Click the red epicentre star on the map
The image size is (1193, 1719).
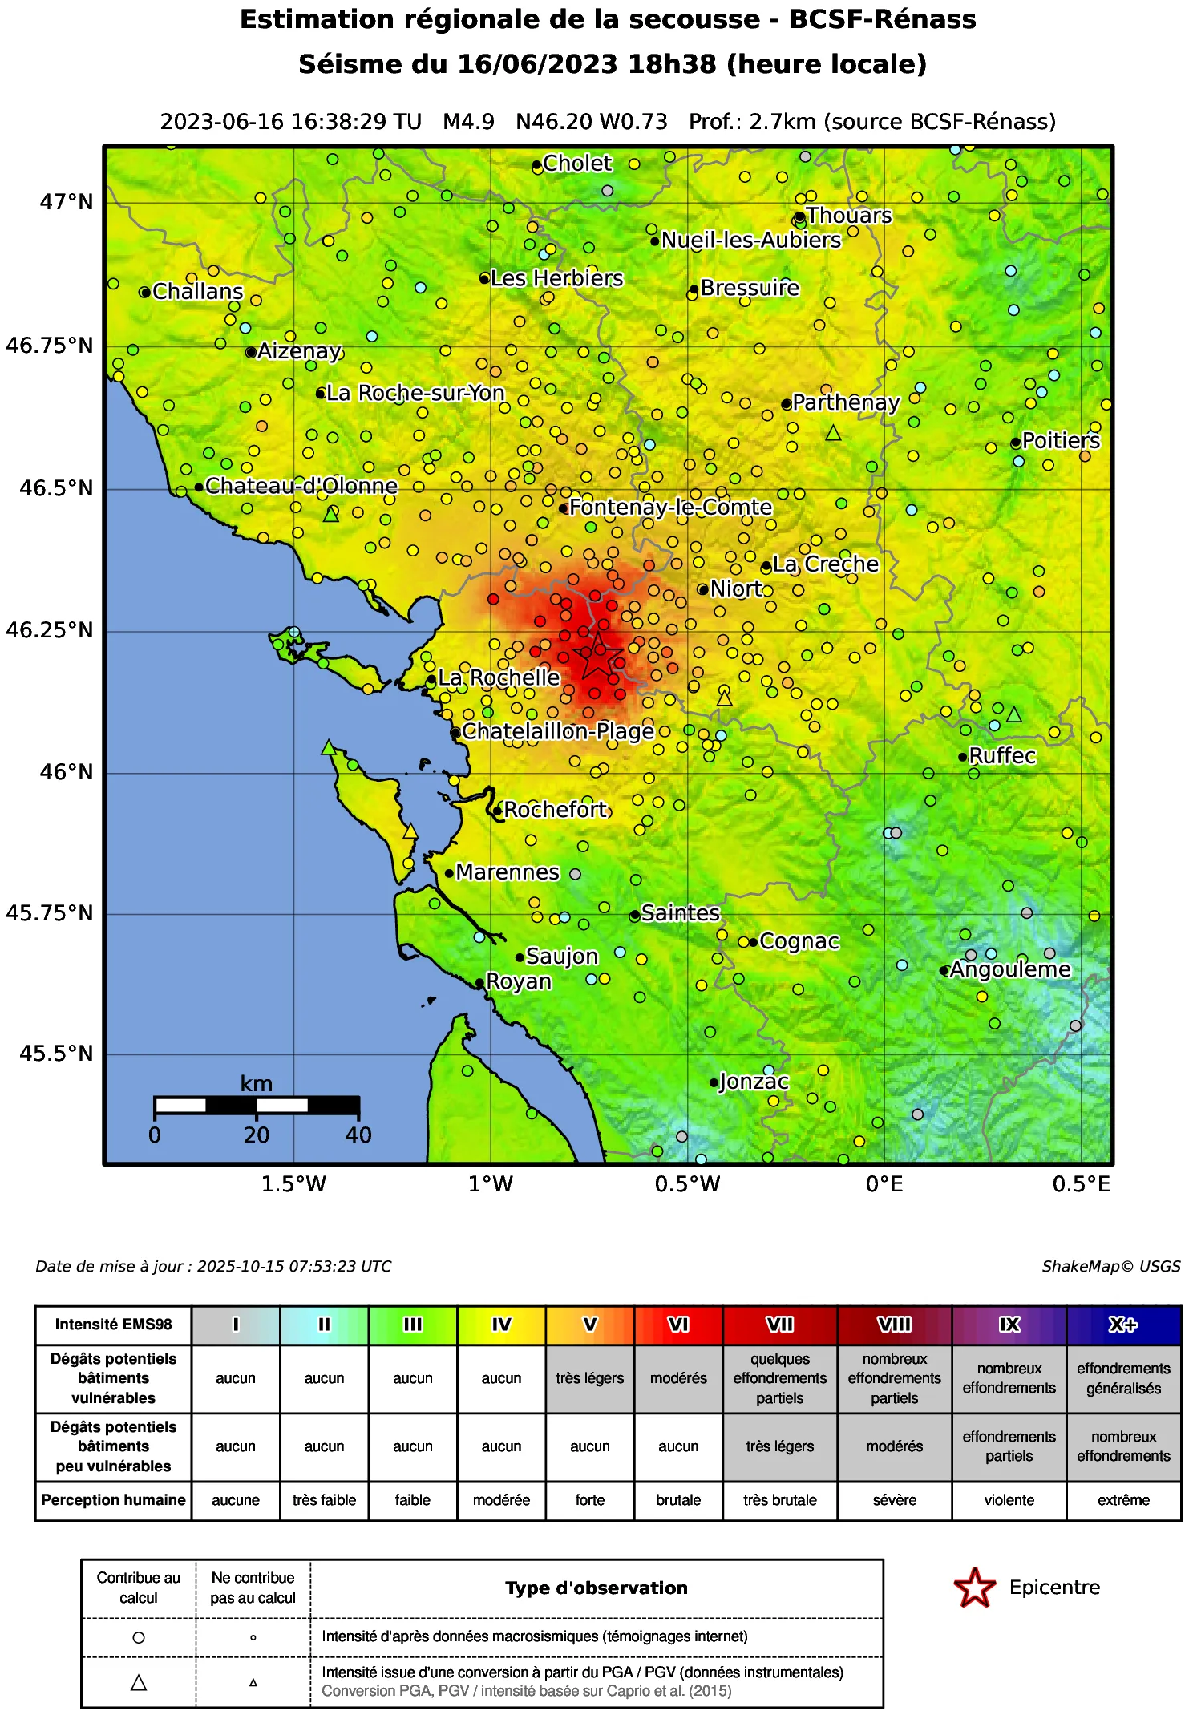click(598, 656)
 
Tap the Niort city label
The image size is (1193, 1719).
click(736, 589)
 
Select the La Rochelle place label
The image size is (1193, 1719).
click(499, 678)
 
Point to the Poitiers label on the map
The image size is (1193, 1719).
click(1061, 441)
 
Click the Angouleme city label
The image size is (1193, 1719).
click(1010, 970)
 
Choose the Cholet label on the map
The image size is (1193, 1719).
click(577, 164)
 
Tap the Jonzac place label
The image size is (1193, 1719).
click(754, 1082)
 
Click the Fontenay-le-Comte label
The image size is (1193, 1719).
click(670, 508)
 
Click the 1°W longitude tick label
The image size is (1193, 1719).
click(491, 1184)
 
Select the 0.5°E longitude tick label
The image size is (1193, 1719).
click(1082, 1184)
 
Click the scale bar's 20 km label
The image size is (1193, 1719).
click(257, 1135)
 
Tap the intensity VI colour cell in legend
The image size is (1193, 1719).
click(678, 1325)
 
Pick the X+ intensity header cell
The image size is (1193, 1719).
click(1123, 1325)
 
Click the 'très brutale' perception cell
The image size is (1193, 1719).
click(779, 1500)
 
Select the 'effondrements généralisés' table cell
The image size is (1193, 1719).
click(1123, 1378)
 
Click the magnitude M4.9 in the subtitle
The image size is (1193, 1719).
click(468, 122)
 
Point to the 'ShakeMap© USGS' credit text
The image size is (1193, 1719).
click(1110, 1266)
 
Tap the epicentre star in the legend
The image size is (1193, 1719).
click(974, 1588)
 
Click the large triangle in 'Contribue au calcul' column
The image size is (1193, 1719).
click(139, 1683)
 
